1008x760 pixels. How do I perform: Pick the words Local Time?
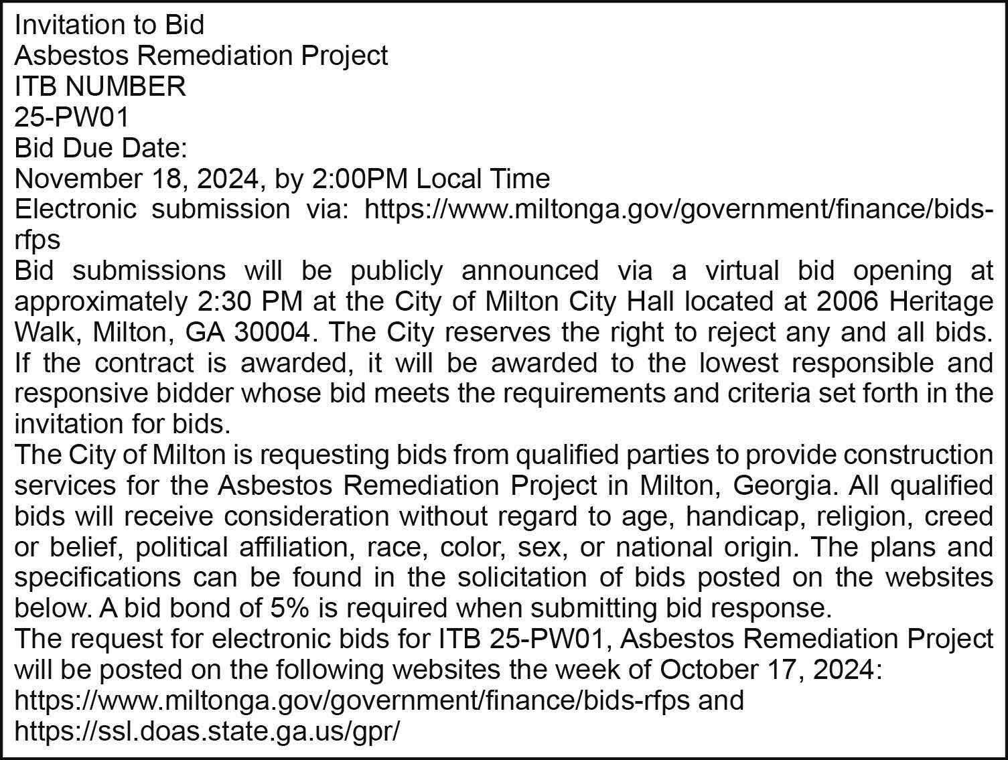pyautogui.click(x=483, y=179)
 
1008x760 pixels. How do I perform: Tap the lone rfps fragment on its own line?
pyautogui.click(x=38, y=240)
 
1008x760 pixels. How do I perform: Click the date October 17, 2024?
pyautogui.click(x=768, y=670)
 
